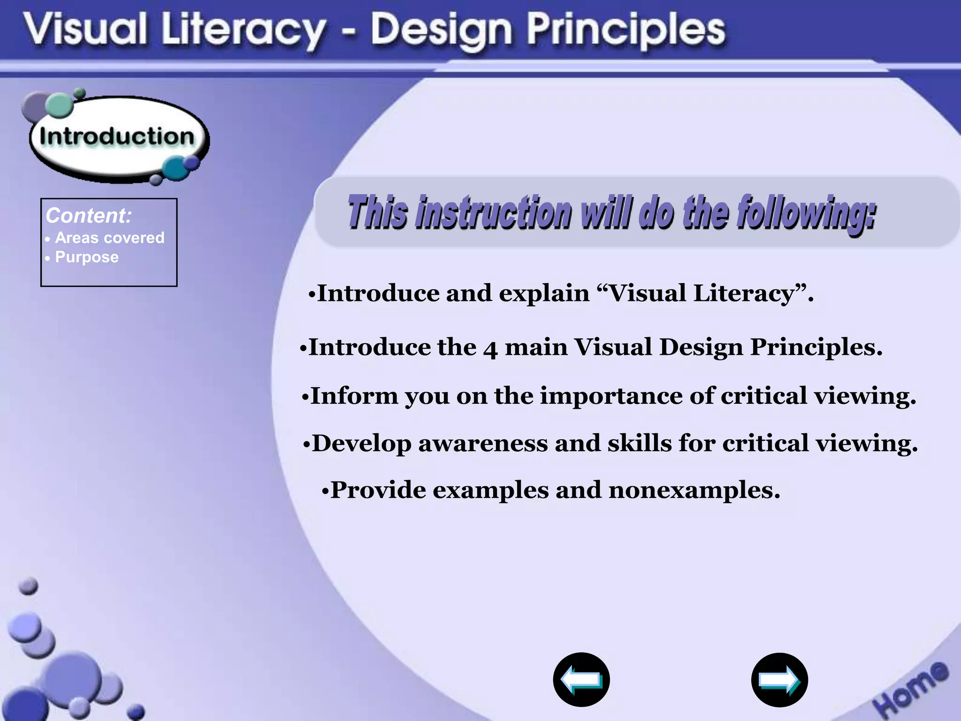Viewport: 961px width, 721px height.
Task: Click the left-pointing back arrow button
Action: (581, 679)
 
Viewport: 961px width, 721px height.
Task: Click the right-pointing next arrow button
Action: (779, 680)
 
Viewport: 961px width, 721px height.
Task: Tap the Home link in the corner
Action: (910, 688)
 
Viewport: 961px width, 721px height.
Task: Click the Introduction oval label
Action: (117, 137)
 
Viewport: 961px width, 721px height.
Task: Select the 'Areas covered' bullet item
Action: (110, 238)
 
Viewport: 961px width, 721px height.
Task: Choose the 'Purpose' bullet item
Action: (87, 257)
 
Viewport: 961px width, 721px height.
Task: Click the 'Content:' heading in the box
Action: (89, 216)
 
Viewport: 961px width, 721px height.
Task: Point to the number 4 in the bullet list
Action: (490, 349)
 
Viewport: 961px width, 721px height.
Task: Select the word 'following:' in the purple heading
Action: (806, 213)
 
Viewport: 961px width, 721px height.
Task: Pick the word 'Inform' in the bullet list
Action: (354, 396)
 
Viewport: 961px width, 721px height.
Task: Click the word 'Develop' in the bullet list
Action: (361, 444)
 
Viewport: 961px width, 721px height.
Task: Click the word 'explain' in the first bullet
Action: (544, 294)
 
